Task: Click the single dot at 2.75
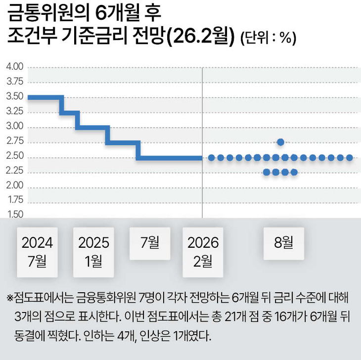[x=280, y=142]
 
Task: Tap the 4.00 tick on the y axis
[x=15, y=67]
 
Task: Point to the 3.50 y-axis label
[x=15, y=96]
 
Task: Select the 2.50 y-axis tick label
[x=15, y=156]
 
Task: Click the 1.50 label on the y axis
[x=15, y=214]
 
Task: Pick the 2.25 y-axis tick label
[x=15, y=171]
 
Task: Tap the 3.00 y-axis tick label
[x=15, y=126]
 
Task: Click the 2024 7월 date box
[x=37, y=252]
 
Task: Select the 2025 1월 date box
[x=93, y=252]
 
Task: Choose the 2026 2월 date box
[x=203, y=252]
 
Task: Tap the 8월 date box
[x=284, y=243]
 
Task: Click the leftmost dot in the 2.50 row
[x=211, y=158]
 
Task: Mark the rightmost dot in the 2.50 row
[x=350, y=158]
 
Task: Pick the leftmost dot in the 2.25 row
[x=267, y=172]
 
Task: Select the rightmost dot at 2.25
[x=294, y=172]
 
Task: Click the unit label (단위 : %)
[x=268, y=38]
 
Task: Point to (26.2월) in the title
[x=201, y=36]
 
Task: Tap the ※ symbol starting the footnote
[x=10, y=298]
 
